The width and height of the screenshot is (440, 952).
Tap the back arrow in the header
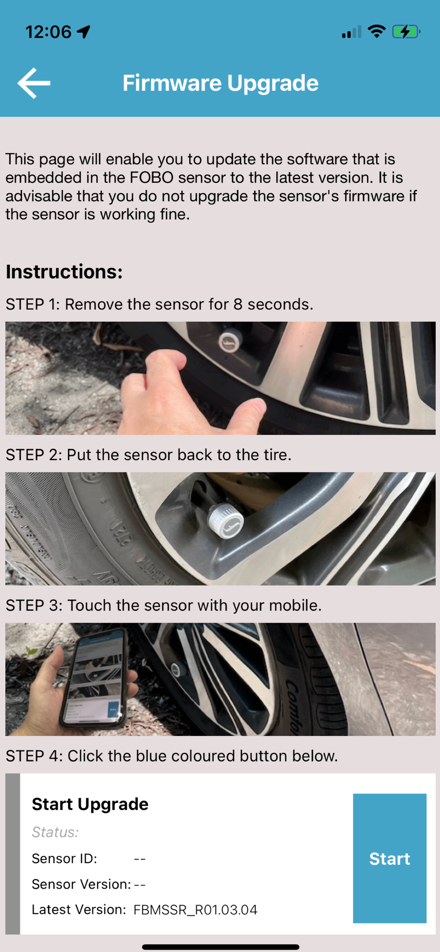point(34,83)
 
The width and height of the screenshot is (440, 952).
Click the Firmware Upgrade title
point(220,83)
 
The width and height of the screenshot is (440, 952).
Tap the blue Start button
point(390,858)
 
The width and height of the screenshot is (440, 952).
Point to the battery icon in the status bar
point(406,32)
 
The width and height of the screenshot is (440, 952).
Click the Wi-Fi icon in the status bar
point(377,31)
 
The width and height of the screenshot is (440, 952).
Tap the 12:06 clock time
point(48,32)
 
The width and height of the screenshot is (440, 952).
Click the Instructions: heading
point(64,272)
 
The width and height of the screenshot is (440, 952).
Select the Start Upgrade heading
point(90,804)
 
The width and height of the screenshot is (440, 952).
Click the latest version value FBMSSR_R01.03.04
point(195,910)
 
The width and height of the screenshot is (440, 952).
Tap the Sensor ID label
point(64,858)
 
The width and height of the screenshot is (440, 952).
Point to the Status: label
point(55,832)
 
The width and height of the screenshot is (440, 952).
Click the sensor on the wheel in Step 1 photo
point(229,341)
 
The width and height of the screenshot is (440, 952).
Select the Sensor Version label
point(81,884)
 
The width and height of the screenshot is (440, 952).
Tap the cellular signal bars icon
point(351,32)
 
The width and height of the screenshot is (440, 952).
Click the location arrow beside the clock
point(84,32)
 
